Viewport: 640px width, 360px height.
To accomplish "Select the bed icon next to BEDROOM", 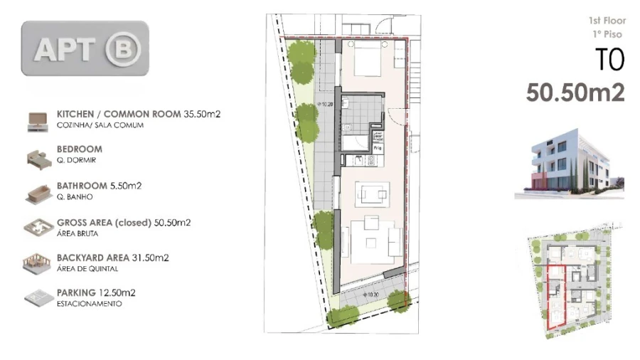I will (x=34, y=157).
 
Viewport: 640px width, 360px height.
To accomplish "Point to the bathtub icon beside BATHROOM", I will (x=34, y=192).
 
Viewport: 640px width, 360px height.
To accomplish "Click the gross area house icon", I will (x=34, y=228).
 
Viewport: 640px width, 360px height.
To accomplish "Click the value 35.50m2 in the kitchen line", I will (x=202, y=114).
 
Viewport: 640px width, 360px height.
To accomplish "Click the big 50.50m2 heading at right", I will (x=575, y=93).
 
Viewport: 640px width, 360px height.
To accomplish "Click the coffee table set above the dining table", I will (x=372, y=194).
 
